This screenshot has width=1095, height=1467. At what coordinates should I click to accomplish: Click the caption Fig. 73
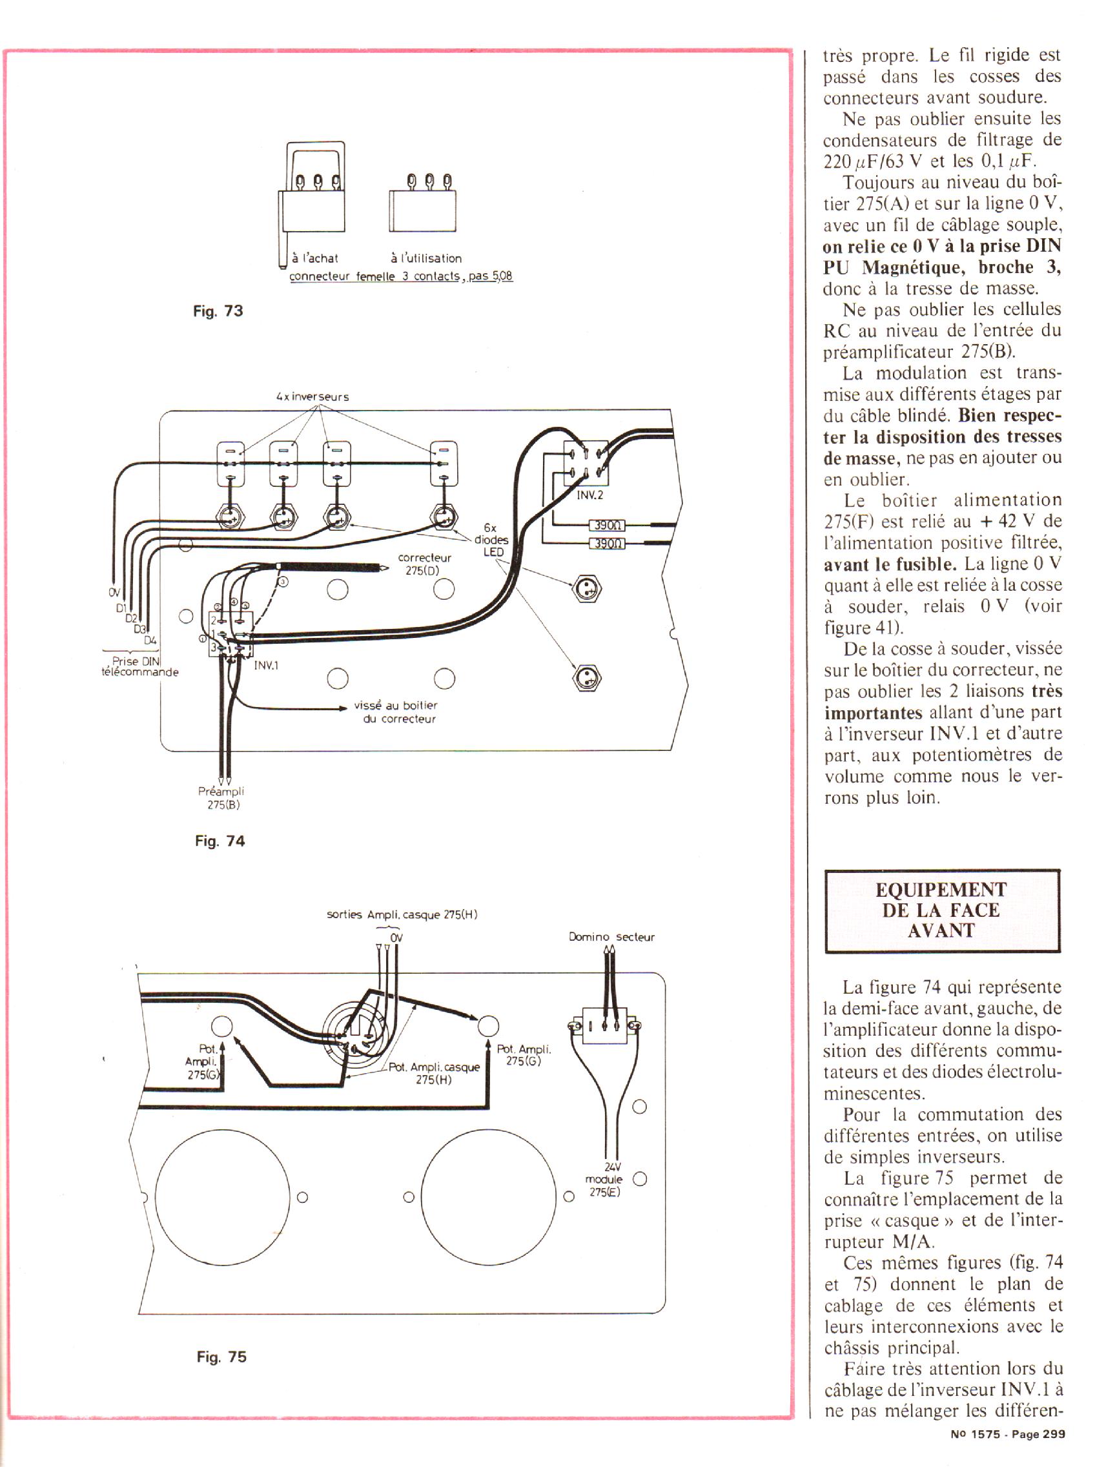218,311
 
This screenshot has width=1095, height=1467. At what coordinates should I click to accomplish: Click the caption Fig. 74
220,841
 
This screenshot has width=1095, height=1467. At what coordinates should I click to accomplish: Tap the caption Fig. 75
221,1357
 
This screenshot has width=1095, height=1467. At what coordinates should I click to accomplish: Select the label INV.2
590,495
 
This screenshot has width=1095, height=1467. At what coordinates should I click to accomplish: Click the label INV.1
267,665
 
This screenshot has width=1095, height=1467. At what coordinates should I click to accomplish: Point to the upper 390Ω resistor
607,526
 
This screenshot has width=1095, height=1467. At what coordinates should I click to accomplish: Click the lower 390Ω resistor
607,544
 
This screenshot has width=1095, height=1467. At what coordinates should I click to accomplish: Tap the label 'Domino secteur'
612,937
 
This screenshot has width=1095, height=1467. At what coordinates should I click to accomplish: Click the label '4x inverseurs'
312,397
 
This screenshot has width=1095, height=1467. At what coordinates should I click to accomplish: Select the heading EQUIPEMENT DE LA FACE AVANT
941,910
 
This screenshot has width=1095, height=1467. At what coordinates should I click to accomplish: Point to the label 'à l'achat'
316,258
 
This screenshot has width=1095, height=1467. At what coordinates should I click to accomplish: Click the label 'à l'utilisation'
426,258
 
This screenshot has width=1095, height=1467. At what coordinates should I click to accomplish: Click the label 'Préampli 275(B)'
221,798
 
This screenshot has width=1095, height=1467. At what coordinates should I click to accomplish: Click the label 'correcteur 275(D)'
424,564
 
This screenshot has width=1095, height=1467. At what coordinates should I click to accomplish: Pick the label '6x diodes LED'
491,540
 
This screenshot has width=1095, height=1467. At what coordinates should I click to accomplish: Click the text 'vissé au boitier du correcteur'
396,712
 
